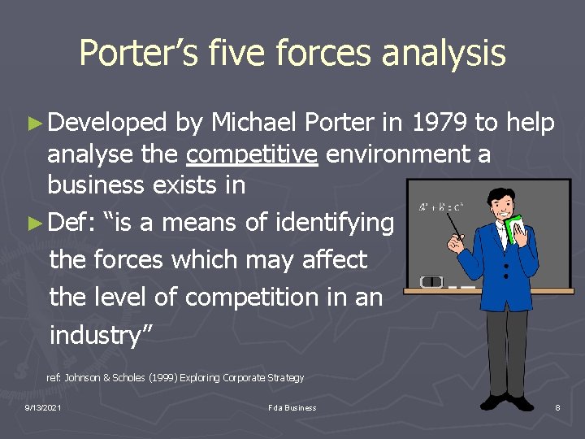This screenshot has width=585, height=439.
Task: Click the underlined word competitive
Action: click(252, 154)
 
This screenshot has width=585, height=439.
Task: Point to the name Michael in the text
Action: click(254, 124)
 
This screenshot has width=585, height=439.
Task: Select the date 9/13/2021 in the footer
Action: click(43, 407)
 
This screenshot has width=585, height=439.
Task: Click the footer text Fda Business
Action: click(292, 407)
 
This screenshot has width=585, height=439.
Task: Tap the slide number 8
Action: click(557, 407)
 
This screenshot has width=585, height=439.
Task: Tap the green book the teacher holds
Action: click(515, 229)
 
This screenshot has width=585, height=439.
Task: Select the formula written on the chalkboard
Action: click(440, 207)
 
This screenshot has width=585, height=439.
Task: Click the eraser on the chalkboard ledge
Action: click(431, 282)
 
